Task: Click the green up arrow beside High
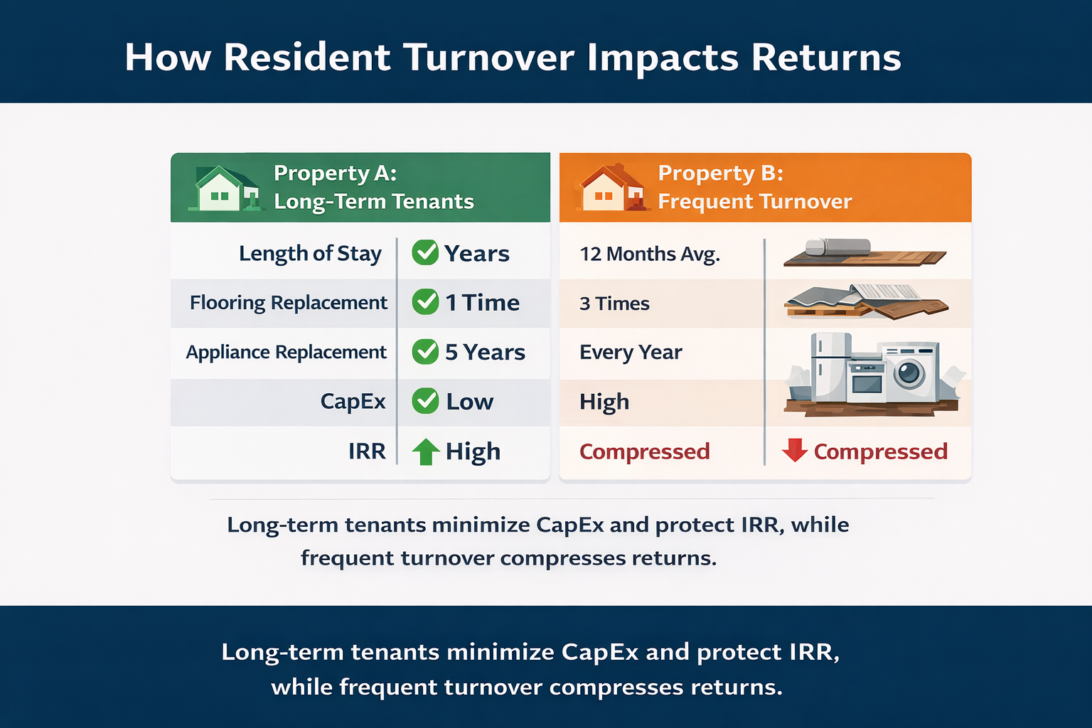(426, 451)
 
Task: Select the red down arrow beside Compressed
(794, 450)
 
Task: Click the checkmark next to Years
(425, 252)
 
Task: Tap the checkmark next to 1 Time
(425, 302)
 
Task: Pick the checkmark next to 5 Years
(425, 351)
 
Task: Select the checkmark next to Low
(425, 401)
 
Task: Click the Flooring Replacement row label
(288, 303)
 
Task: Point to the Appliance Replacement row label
(286, 353)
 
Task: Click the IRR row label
(367, 451)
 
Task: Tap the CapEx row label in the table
(353, 402)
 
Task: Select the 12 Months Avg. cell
(650, 255)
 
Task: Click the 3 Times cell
(614, 304)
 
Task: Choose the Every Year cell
(631, 353)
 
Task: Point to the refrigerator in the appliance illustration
(830, 366)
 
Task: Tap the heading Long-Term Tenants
(374, 202)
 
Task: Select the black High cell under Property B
(604, 402)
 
